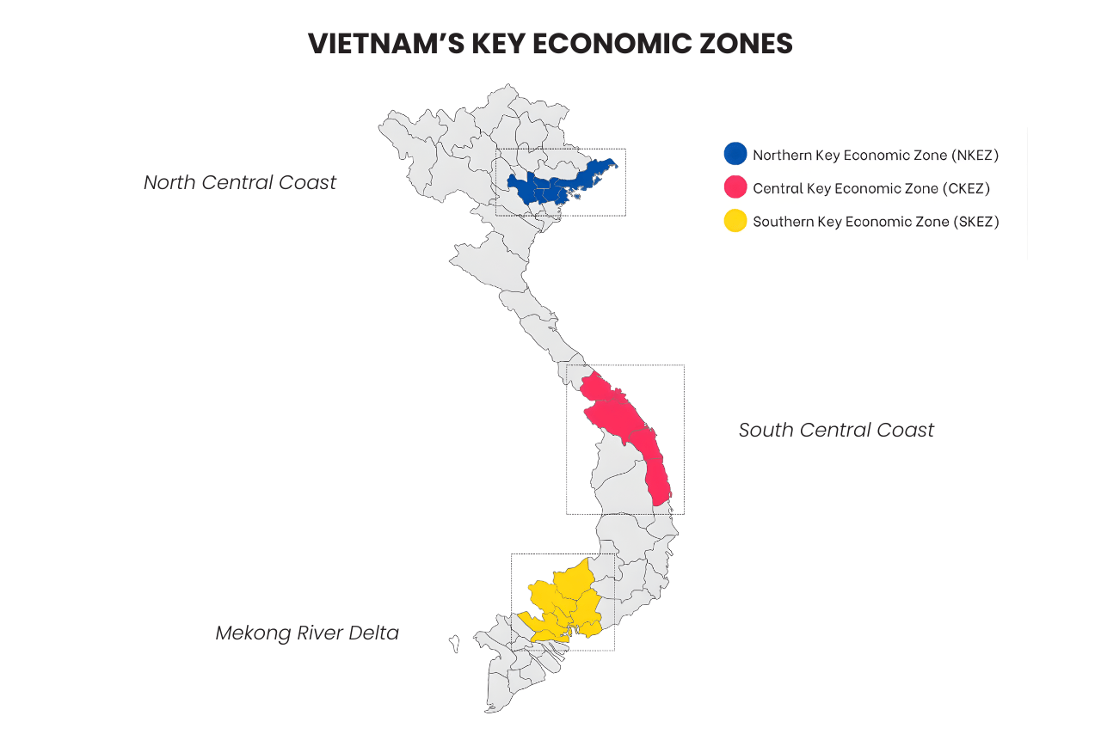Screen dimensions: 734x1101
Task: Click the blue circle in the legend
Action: point(735,154)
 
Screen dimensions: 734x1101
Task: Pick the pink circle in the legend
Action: point(735,187)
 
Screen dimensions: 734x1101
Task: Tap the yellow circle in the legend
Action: point(735,221)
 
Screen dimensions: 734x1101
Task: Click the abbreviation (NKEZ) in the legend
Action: point(975,156)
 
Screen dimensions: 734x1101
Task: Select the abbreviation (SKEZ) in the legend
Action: point(975,222)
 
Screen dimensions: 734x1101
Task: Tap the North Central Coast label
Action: point(240,182)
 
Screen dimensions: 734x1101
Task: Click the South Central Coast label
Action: point(836,430)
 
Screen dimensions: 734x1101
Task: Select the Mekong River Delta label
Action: point(307,633)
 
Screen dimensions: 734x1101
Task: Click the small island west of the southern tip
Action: point(454,642)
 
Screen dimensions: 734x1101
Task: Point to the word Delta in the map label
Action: point(373,633)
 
